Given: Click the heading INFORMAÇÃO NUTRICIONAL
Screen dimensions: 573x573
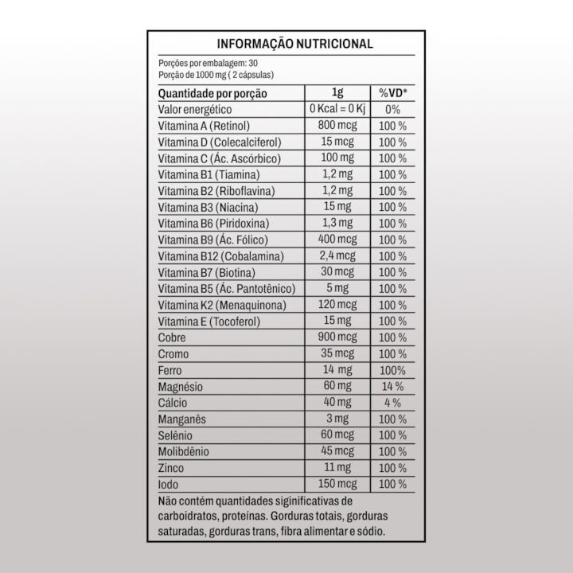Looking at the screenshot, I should coord(294,45).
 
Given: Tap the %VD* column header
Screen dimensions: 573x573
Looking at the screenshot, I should coord(392,93).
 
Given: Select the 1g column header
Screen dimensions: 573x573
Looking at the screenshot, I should coord(337,93).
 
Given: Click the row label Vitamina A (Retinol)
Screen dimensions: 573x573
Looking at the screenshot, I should coord(205,126).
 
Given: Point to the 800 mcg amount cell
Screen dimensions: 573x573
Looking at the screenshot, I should coord(337,126).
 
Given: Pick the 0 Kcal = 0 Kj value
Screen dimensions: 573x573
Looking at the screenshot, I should coord(337,109).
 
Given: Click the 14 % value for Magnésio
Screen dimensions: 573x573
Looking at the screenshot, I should coord(392,387).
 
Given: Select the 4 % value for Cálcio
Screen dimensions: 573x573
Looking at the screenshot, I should coord(392,403).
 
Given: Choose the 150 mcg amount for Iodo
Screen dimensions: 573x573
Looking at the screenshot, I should coord(337,484).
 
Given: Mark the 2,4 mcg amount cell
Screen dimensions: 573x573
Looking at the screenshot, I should coord(337,256).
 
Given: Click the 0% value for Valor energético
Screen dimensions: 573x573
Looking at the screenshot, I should coord(392,110).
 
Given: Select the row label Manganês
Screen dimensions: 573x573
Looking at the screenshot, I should coord(182,419).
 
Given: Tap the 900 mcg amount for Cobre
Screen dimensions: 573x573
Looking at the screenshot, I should coord(337,337).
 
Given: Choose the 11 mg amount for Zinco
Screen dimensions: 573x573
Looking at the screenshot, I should coord(337,468).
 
